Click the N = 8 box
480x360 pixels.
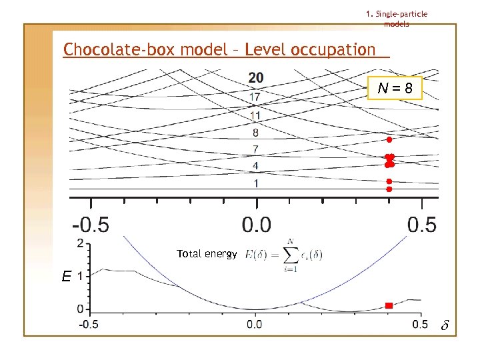tap(395, 88)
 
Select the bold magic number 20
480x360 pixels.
tap(256, 78)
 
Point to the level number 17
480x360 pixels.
tap(255, 97)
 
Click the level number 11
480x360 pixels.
tap(255, 115)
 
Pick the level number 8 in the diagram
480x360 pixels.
tap(256, 133)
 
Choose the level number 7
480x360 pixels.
tap(256, 148)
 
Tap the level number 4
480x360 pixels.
tap(256, 165)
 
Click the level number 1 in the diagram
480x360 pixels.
tap(256, 183)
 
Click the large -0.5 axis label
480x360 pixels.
tap(91, 225)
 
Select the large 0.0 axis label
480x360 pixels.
tap(256, 225)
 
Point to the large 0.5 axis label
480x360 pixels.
tap(421, 225)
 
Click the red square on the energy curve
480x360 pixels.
tap(389, 306)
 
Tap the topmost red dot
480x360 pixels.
tap(389, 140)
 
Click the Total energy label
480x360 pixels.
tap(207, 254)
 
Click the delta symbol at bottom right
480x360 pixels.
tap(445, 326)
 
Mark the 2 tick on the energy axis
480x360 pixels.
tap(81, 243)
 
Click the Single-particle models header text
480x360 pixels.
tap(397, 19)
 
